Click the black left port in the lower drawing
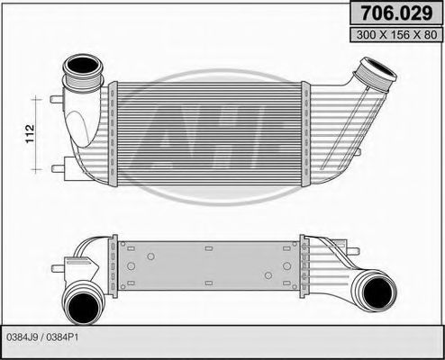82,301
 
